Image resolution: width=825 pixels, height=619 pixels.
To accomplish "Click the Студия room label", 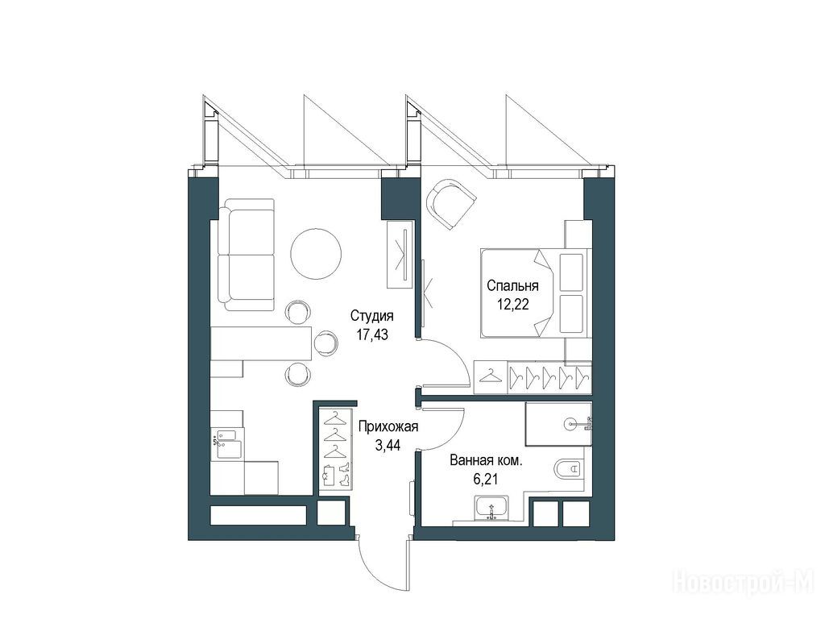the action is pyautogui.click(x=372, y=316).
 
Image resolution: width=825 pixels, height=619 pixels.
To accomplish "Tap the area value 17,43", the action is pyautogui.click(x=372, y=334).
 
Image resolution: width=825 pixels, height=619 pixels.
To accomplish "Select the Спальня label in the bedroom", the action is pyautogui.click(x=512, y=286).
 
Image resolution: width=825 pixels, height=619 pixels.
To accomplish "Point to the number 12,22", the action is pyautogui.click(x=513, y=304).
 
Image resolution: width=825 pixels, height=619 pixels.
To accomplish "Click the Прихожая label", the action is pyautogui.click(x=388, y=426).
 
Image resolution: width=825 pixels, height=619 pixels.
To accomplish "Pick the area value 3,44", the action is pyautogui.click(x=388, y=445).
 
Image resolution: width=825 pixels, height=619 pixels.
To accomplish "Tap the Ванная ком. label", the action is pyautogui.click(x=486, y=461).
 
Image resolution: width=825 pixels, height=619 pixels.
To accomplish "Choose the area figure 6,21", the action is pyautogui.click(x=486, y=480).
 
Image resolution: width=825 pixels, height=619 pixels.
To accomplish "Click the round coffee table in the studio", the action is pyautogui.click(x=316, y=253).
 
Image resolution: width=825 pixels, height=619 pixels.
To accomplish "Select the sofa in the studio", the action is pyautogui.click(x=247, y=255).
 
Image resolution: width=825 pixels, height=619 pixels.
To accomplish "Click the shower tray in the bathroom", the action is pyautogui.click(x=559, y=424).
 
